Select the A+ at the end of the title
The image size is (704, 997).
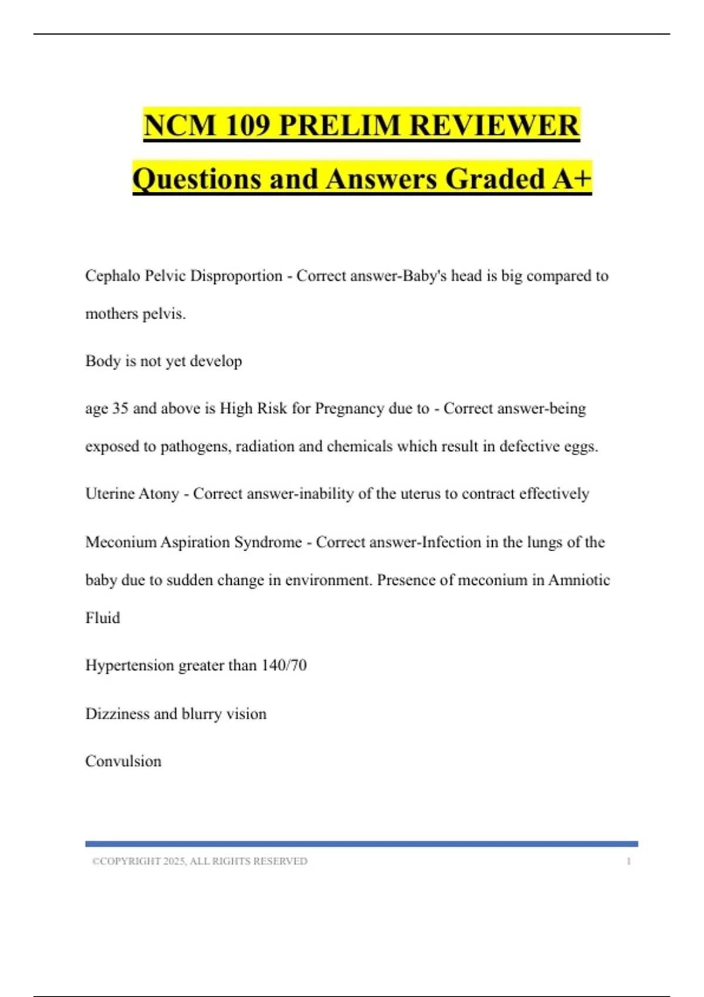(572, 179)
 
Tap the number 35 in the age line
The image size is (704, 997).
(120, 408)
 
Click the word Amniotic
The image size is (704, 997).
(579, 580)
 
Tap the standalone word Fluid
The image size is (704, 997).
(103, 618)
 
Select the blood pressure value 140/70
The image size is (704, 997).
(284, 665)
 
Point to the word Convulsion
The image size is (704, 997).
(123, 761)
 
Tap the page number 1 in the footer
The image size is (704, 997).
(629, 861)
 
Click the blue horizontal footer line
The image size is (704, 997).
(361, 844)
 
